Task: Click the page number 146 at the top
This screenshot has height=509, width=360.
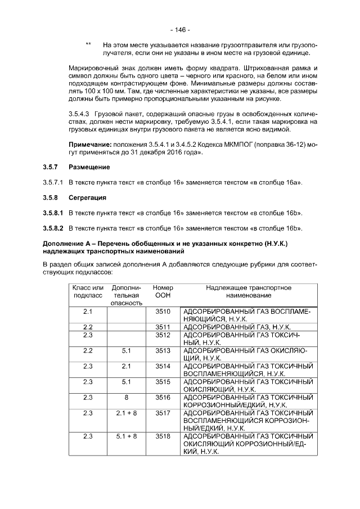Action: (x=180, y=29)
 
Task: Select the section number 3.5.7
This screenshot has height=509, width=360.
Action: (x=51, y=168)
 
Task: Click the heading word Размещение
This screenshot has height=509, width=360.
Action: (x=89, y=168)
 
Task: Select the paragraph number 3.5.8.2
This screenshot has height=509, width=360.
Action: (x=53, y=228)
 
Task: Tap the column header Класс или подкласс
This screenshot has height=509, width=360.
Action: (x=88, y=291)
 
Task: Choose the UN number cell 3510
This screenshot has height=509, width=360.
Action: (x=163, y=311)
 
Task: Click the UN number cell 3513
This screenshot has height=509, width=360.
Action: (x=163, y=350)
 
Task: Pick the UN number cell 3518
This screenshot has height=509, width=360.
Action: (x=163, y=436)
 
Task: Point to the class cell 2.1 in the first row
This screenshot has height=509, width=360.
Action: (x=88, y=311)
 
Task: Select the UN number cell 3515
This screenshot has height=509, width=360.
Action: (x=163, y=382)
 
